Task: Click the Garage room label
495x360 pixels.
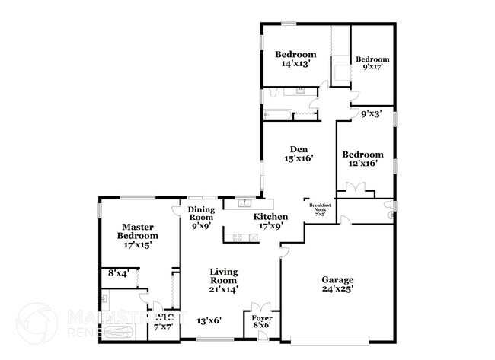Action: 337,279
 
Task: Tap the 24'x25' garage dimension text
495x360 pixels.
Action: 337,288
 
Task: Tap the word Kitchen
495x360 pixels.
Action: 270,217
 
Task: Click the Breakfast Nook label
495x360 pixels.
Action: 319,207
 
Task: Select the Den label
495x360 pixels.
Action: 299,148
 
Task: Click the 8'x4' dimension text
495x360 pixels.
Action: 118,272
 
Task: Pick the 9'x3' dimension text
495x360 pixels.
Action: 371,113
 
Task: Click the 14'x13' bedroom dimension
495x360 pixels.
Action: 295,65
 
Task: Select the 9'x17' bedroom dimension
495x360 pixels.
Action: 372,67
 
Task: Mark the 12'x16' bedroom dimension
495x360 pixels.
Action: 362,164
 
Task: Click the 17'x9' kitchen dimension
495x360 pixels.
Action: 270,226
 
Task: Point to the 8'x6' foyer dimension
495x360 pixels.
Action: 262,326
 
